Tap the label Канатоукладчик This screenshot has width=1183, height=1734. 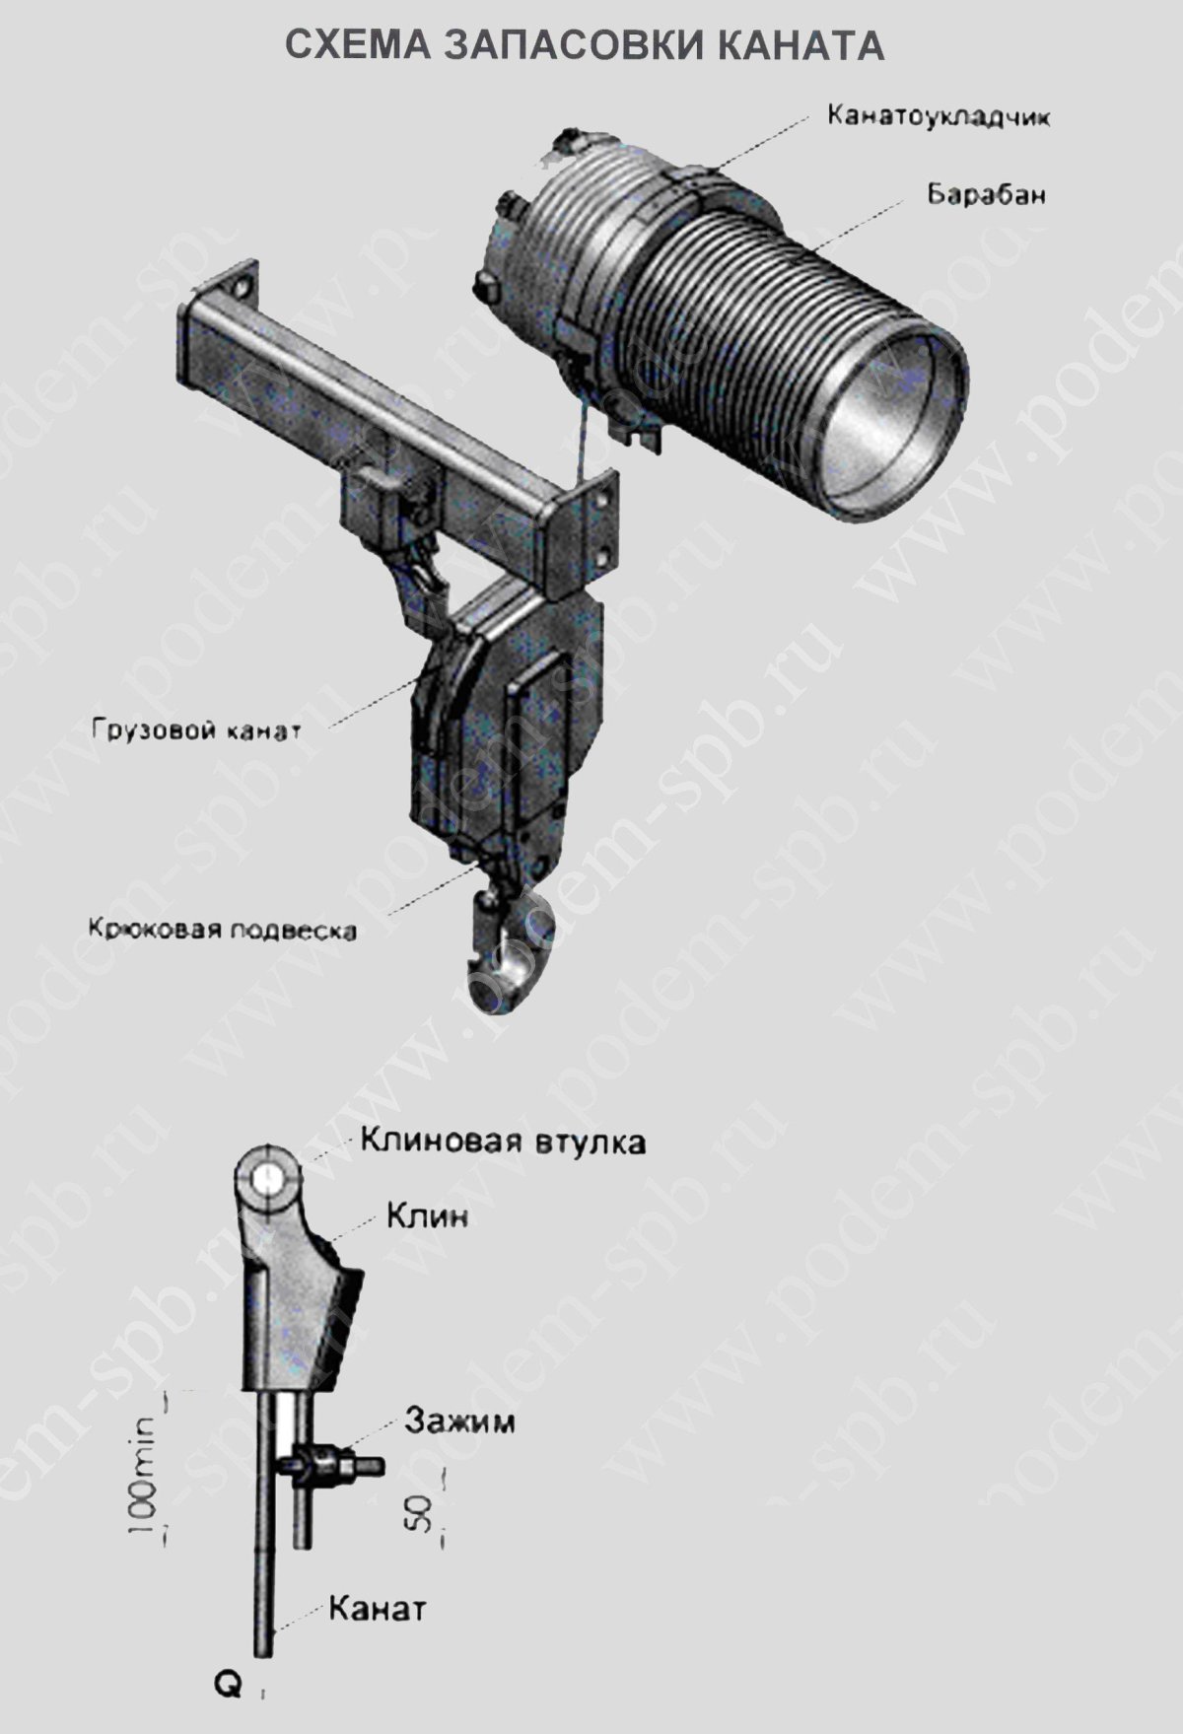click(x=939, y=116)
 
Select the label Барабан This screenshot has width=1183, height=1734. click(x=985, y=193)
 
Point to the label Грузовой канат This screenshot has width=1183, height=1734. click(x=196, y=731)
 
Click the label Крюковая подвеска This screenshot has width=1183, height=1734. click(x=222, y=930)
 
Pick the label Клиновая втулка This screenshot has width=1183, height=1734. click(x=503, y=1142)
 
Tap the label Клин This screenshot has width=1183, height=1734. click(x=427, y=1215)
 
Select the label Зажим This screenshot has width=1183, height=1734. click(x=458, y=1422)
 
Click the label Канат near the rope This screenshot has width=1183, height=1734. click(x=377, y=1609)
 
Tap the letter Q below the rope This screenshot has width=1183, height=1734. click(x=228, y=1687)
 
